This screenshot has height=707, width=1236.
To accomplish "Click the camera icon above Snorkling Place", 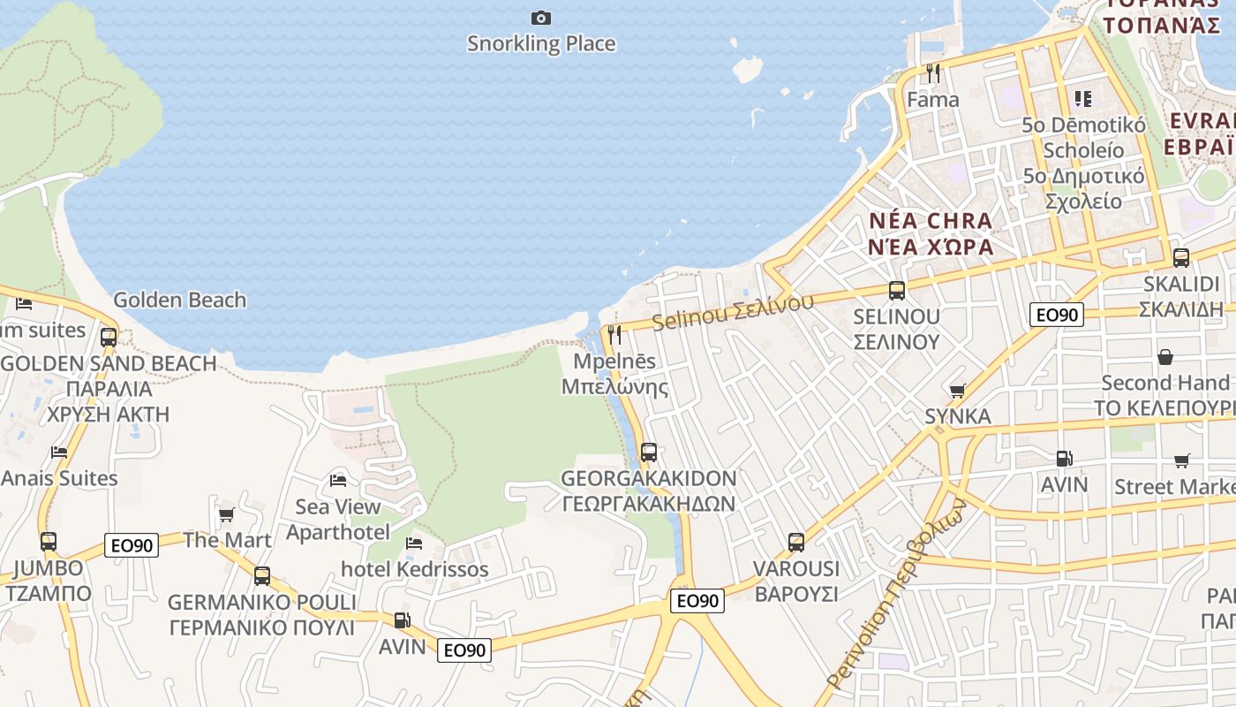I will click(x=541, y=18).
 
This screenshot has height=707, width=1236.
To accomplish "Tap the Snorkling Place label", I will click(x=541, y=43).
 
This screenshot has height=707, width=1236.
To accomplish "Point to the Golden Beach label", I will click(x=179, y=300).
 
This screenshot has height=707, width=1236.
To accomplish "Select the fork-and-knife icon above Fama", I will click(x=932, y=72).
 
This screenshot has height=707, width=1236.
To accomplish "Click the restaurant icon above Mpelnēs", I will click(x=614, y=335).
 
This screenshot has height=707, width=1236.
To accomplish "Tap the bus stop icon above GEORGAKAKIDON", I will click(x=649, y=452).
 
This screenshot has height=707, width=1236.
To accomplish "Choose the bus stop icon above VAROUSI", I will click(x=796, y=543).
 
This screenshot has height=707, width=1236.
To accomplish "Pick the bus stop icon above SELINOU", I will click(x=897, y=290).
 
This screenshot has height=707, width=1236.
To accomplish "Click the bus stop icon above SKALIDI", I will click(x=1181, y=258).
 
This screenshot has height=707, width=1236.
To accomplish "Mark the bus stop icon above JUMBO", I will click(x=49, y=541).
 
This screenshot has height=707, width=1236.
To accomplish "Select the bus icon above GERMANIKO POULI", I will click(x=262, y=576).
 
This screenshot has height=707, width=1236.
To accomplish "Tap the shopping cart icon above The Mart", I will click(x=226, y=514).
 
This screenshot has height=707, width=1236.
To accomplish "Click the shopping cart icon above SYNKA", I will click(x=957, y=390).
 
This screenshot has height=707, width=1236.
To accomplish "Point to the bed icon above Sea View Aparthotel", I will click(x=338, y=480).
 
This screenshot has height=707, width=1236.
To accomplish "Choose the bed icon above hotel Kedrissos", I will click(x=414, y=543).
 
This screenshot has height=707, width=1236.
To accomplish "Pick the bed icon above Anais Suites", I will click(x=59, y=452).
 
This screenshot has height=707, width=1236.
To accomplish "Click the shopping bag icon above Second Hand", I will click(x=1165, y=357).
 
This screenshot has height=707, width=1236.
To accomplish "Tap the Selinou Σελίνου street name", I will click(x=733, y=311).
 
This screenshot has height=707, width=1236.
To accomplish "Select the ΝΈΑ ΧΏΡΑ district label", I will click(x=931, y=247).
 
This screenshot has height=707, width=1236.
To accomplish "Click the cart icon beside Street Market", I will click(x=1182, y=460).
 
